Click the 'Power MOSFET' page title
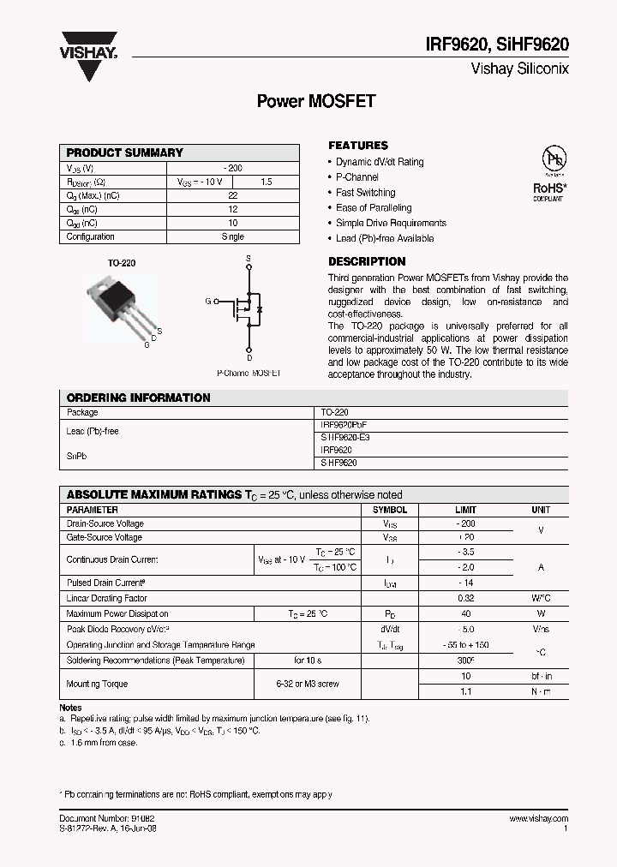pyautogui.click(x=316, y=101)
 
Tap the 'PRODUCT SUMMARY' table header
pyautogui.click(x=125, y=152)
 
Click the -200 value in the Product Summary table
pyautogui.click(x=232, y=169)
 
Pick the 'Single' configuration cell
pyautogui.click(x=232, y=236)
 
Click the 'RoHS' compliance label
pyautogui.click(x=548, y=187)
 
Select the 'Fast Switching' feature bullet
pyautogui.click(x=365, y=193)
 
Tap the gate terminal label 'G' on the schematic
pyautogui.click(x=207, y=302)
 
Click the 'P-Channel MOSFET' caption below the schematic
pyautogui.click(x=248, y=374)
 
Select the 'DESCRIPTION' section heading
pyautogui.click(x=367, y=261)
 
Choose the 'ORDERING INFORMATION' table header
pyautogui.click(x=138, y=398)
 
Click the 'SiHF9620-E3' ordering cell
pyautogui.click(x=344, y=437)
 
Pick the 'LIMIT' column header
pyautogui.click(x=465, y=510)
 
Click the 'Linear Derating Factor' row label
pyautogui.click(x=106, y=599)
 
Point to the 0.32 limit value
pyautogui.click(x=465, y=599)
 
